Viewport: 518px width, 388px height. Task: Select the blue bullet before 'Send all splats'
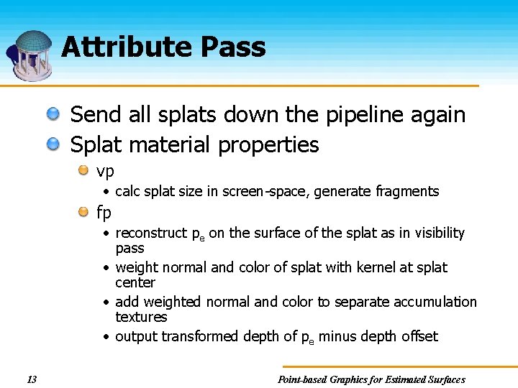(x=54, y=114)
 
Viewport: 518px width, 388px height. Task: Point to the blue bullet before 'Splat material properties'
(x=54, y=144)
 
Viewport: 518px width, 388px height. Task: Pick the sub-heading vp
(x=105, y=172)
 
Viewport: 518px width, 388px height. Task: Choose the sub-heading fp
(x=104, y=213)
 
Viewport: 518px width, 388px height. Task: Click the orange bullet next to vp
(x=84, y=171)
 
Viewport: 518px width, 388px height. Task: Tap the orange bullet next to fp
(x=84, y=212)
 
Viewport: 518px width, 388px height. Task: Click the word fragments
(x=409, y=191)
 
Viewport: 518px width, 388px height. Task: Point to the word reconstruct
(x=150, y=234)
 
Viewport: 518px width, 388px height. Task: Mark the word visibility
(x=437, y=234)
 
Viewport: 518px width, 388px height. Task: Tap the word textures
(x=141, y=317)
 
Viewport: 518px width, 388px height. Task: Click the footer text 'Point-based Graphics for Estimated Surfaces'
(x=371, y=379)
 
